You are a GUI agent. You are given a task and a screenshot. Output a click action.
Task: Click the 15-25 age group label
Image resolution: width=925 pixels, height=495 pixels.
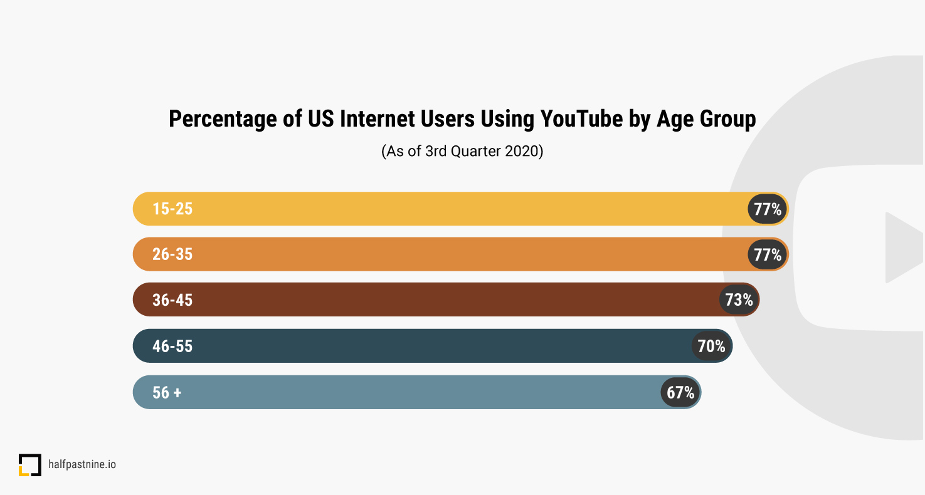click(172, 209)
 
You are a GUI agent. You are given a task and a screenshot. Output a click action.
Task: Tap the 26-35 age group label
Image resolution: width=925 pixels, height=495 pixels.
click(172, 254)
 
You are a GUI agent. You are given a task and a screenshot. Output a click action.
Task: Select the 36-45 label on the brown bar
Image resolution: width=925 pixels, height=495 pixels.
click(172, 300)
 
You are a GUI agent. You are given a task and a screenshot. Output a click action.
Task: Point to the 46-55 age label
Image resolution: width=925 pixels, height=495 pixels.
click(172, 346)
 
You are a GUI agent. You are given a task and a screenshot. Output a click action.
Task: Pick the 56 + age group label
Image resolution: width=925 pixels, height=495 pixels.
click(167, 392)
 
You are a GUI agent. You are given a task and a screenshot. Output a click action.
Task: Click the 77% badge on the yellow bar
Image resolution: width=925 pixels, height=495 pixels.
click(768, 209)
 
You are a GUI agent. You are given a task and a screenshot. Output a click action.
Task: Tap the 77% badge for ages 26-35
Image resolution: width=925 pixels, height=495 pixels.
click(768, 254)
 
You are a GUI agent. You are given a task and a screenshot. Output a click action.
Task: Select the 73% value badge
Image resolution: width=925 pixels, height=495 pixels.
click(739, 300)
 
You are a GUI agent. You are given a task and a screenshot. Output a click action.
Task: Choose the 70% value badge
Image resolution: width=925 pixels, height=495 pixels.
click(711, 346)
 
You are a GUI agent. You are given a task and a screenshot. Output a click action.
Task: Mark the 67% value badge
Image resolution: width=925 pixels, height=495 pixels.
click(680, 392)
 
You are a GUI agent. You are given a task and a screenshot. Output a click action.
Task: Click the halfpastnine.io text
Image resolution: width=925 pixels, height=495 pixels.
click(82, 465)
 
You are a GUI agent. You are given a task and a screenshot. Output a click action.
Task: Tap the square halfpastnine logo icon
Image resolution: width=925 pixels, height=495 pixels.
click(29, 465)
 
